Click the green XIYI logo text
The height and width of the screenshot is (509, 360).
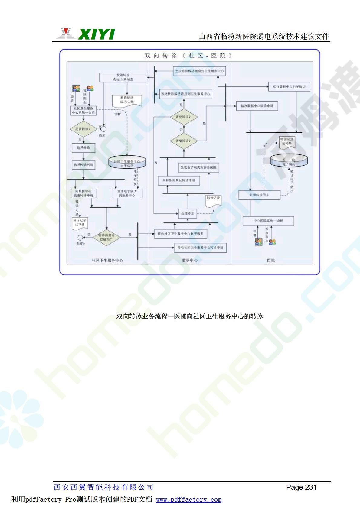(x=96, y=34)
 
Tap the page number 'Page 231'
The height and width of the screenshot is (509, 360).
(x=301, y=487)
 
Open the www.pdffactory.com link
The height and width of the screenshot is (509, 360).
(x=188, y=500)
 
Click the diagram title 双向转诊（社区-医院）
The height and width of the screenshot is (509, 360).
(x=188, y=56)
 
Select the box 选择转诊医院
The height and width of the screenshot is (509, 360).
(x=83, y=165)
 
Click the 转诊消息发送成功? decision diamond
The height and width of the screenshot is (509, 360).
(x=106, y=237)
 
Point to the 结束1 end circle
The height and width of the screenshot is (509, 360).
(x=103, y=129)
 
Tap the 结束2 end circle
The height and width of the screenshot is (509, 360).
(x=80, y=237)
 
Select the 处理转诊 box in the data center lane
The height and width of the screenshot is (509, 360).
(x=188, y=213)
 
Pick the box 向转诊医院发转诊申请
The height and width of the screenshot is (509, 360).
(x=179, y=180)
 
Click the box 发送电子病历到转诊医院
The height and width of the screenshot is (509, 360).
(x=198, y=167)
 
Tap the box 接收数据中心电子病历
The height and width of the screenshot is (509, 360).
(x=289, y=87)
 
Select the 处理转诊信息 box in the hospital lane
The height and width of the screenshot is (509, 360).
(x=259, y=195)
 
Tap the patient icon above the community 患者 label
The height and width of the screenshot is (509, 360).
(x=76, y=89)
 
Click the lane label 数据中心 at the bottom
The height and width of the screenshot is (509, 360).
(x=190, y=260)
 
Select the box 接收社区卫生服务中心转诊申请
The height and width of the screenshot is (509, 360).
(x=200, y=248)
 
